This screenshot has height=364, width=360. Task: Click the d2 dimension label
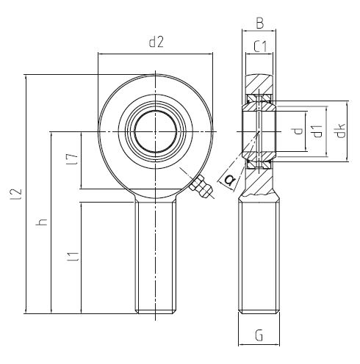click(156, 42)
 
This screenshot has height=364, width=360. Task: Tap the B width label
click(260, 23)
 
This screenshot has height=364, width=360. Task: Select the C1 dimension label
click(260, 46)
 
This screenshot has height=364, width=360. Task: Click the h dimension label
click(41, 222)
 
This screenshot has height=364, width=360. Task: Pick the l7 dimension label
click(72, 159)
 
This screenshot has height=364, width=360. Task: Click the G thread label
click(259, 335)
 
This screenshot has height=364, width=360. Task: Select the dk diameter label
click(340, 131)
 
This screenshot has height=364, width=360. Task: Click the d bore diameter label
click(298, 131)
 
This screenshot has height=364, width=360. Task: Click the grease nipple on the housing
click(201, 187)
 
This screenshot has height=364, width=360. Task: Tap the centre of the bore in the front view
click(155, 131)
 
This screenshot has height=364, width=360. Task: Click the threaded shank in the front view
click(156, 256)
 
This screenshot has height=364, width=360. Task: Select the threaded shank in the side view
click(259, 256)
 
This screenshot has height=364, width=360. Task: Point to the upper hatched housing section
click(259, 84)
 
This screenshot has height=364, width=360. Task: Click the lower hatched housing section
click(259, 181)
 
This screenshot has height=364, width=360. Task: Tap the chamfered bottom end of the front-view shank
click(156, 312)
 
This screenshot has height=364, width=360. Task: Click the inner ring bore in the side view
click(259, 131)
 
